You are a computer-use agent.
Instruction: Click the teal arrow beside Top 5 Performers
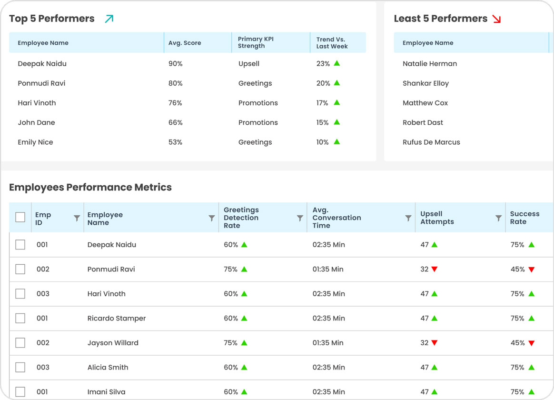click(x=109, y=19)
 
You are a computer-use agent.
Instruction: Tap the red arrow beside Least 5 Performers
click(x=497, y=19)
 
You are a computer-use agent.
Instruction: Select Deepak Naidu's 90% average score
click(x=176, y=64)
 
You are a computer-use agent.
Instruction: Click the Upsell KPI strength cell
click(x=249, y=64)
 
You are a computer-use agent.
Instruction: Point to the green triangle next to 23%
click(x=337, y=63)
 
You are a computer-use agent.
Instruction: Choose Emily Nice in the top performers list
click(x=35, y=142)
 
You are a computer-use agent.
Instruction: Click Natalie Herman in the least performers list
click(x=429, y=64)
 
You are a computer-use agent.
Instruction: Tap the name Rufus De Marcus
click(x=431, y=142)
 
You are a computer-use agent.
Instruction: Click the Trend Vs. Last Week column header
click(x=332, y=43)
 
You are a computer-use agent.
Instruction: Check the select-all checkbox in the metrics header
click(x=20, y=218)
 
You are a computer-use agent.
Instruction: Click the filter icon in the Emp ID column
click(x=77, y=218)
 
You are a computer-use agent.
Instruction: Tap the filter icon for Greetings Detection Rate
click(x=300, y=218)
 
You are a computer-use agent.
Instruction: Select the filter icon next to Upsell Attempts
click(x=498, y=218)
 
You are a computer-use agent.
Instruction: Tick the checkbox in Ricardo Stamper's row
click(x=20, y=318)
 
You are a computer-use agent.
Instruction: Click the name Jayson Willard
click(x=113, y=343)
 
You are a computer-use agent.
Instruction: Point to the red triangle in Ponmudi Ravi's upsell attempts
click(x=434, y=270)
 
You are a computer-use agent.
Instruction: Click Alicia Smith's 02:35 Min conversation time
click(x=328, y=368)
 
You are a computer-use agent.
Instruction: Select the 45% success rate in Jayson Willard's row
click(x=517, y=343)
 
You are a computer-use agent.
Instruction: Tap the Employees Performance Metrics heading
click(x=90, y=187)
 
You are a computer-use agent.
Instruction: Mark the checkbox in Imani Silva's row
click(x=20, y=392)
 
